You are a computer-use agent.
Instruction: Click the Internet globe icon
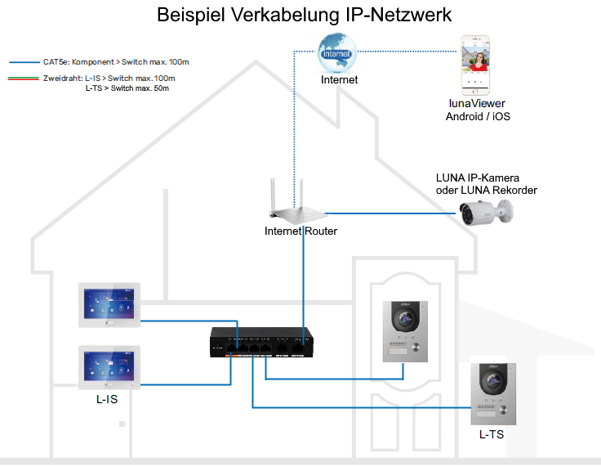point(339,52)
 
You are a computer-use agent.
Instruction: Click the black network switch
point(260,343)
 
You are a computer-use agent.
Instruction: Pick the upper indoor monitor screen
point(110,305)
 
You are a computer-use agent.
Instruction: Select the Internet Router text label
point(300,231)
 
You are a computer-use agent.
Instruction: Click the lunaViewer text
point(477,104)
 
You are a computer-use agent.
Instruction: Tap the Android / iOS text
point(478,116)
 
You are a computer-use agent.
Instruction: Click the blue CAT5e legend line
point(23,61)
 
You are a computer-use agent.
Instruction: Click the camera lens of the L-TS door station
point(493,381)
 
